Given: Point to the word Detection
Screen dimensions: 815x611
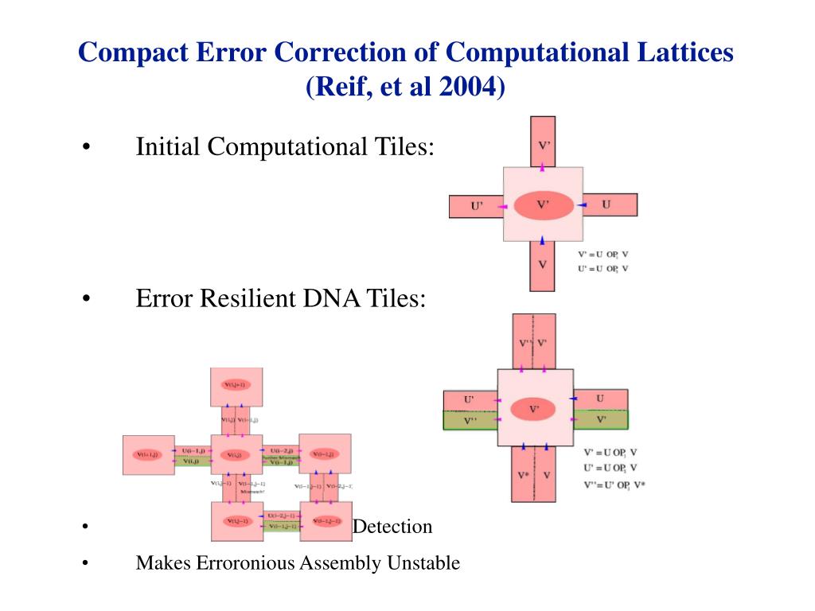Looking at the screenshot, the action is click(x=392, y=526).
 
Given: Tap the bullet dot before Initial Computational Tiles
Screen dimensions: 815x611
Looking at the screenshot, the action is click(x=85, y=148).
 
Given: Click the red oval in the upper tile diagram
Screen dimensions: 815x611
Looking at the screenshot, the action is click(x=543, y=206).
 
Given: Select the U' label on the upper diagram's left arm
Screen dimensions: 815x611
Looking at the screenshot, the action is click(x=477, y=206).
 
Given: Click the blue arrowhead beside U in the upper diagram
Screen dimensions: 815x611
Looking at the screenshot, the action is click(x=583, y=205).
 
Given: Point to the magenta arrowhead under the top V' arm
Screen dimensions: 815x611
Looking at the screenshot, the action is click(x=543, y=166).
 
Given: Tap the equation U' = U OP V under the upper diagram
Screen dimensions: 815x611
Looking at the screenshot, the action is click(x=603, y=268).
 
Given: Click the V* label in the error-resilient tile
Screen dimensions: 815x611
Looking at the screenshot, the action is click(x=523, y=475).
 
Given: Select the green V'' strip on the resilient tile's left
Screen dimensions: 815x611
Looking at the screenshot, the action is click(x=470, y=419).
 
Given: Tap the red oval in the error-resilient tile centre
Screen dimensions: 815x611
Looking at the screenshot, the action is click(x=536, y=410).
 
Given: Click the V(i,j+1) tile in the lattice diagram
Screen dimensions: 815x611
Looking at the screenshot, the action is click(x=236, y=386).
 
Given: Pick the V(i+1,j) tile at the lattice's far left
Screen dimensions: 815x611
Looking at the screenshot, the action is click(x=148, y=454).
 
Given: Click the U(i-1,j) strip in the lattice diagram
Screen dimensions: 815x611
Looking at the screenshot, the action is click(x=191, y=450).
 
